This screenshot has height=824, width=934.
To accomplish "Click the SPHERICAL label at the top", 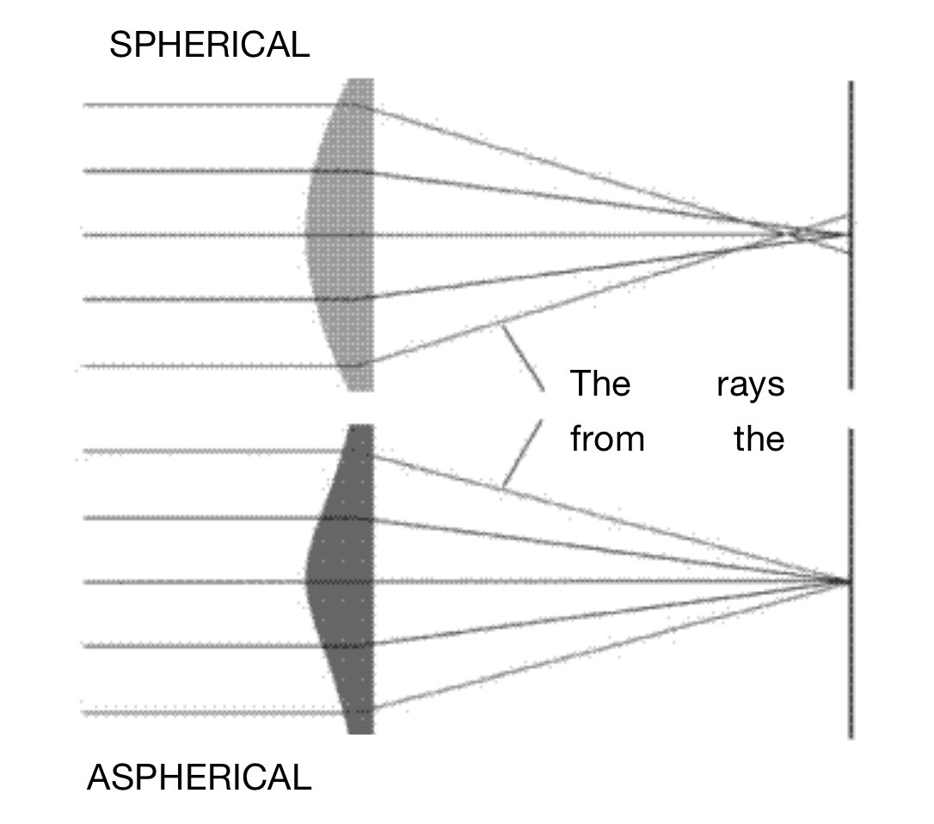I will tap(209, 45).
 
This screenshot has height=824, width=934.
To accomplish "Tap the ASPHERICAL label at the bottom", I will tap(199, 778).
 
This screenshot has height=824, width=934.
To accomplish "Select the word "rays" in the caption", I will tap(750, 384).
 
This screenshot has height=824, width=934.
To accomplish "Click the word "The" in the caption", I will tap(600, 384).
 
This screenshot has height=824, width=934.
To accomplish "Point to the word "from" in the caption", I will tap(607, 439).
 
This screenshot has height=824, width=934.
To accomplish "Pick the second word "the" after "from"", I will tap(759, 439).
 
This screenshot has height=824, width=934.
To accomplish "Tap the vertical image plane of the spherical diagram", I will tap(851, 327).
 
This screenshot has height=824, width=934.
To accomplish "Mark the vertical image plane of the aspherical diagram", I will tap(851, 671).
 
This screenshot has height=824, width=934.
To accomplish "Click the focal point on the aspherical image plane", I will tap(847, 582).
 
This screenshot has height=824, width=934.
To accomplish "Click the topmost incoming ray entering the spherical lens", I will tap(215, 105).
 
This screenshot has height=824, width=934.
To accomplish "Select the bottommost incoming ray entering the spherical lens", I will tap(215, 366).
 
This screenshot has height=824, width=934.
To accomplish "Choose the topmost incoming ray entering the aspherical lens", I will tap(215, 451).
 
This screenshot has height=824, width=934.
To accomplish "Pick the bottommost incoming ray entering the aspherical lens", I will tap(215, 712).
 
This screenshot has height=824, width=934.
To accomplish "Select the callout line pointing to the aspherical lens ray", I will tap(522, 454).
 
